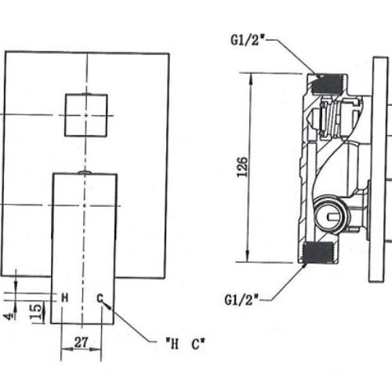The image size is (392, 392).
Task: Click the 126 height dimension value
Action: tap(242, 167)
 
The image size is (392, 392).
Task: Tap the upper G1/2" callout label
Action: tap(248, 41)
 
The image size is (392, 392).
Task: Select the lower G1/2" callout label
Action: tap(241, 299)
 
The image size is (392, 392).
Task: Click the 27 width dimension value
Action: tap(82, 343)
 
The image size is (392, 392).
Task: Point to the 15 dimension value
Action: tap(36, 311)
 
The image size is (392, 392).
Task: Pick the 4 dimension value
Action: tap(9, 316)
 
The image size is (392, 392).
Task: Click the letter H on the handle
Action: tap(65, 298)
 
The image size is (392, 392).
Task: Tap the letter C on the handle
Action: tap(100, 298)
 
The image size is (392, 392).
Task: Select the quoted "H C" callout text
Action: tap(186, 344)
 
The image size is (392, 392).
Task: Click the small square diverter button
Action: tap(86, 115)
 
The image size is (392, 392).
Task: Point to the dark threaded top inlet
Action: tap(327, 84)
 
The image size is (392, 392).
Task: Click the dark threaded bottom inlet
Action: tap(318, 252)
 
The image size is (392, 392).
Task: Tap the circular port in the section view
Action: tap(332, 214)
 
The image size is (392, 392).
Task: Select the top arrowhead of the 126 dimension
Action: tap(251, 78)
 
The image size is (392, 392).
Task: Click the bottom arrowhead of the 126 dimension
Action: tap(248, 256)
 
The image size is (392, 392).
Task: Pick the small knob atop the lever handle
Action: tap(85, 172)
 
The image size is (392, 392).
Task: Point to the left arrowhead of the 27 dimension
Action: tap(67, 350)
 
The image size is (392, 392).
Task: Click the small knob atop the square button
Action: tap(86, 93)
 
